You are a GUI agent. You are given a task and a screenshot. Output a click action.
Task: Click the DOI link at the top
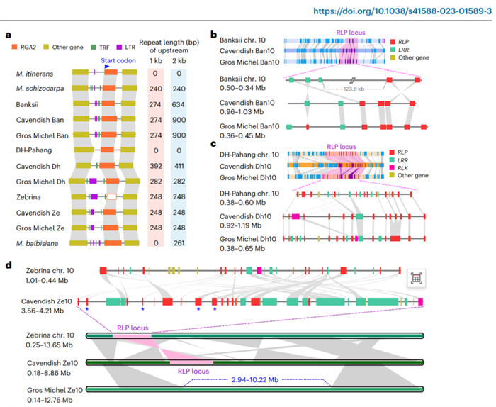click(402, 11)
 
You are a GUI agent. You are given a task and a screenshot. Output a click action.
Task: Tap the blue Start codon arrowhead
click(107, 67)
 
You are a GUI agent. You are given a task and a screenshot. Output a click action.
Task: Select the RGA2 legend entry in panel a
click(23, 48)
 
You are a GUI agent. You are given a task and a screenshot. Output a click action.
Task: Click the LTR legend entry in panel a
click(125, 48)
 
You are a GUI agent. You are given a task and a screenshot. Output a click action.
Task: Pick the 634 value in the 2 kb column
click(179, 104)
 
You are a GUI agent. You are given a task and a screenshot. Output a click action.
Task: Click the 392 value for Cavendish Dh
click(156, 166)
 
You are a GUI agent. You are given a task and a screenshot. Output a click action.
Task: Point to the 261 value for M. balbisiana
click(179, 243)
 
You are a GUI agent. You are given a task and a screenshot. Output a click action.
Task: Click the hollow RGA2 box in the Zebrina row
click(112, 197)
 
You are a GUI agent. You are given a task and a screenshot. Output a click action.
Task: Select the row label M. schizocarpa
click(40, 89)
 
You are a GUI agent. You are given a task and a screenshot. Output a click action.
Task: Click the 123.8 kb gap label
click(354, 89)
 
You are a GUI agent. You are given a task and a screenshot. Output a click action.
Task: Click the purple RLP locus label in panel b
click(351, 33)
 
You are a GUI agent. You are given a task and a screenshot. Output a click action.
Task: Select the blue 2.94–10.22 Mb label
click(255, 380)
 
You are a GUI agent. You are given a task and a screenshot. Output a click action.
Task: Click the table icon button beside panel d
click(417, 278)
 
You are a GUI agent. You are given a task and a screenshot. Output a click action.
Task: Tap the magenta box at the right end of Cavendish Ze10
click(420, 301)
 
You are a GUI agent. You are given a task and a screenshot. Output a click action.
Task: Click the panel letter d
click(9, 264)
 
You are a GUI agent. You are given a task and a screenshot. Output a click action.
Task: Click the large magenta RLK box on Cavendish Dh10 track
click(295, 216)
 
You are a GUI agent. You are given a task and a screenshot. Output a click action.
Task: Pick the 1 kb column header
click(156, 61)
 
